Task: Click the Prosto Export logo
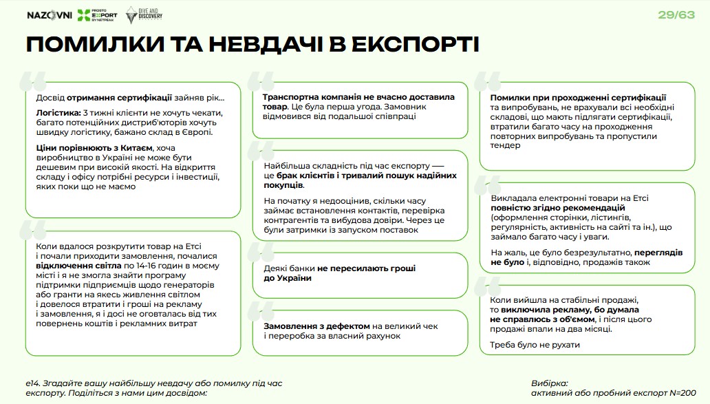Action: (97, 16)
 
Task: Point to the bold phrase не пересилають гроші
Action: (367, 268)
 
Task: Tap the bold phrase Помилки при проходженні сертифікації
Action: (578, 98)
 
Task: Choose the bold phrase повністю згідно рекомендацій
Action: (557, 207)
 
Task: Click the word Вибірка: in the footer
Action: (550, 383)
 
